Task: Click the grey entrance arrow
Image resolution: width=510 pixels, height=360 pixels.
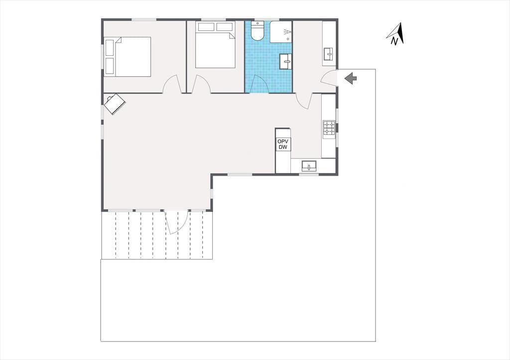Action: pyautogui.click(x=351, y=78)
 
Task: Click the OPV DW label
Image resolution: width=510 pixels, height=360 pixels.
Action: pyautogui.click(x=283, y=144)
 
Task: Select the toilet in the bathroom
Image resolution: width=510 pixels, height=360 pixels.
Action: pyautogui.click(x=257, y=31)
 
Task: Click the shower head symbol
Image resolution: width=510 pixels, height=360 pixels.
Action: pyautogui.click(x=287, y=32)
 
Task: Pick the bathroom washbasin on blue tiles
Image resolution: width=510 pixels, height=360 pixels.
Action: pyautogui.click(x=286, y=61)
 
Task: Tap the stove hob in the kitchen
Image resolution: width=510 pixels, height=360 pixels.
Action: pyautogui.click(x=329, y=127)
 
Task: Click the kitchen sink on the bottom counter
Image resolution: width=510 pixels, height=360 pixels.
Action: pyautogui.click(x=309, y=166)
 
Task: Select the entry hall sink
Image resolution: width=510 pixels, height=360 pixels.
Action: pyautogui.click(x=328, y=54)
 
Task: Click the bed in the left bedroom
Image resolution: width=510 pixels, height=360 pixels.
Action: pyautogui.click(x=127, y=57)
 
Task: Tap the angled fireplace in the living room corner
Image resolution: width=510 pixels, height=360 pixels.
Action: pyautogui.click(x=115, y=104)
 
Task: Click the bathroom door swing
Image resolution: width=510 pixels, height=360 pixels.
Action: pyautogui.click(x=259, y=84)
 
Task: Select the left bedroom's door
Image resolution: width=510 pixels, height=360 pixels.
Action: pyautogui.click(x=172, y=84)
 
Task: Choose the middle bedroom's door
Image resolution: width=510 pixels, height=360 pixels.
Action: pyautogui.click(x=201, y=84)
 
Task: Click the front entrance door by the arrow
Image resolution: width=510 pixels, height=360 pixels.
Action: pyautogui.click(x=328, y=78)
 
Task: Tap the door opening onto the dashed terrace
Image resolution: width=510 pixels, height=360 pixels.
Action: pyautogui.click(x=176, y=222)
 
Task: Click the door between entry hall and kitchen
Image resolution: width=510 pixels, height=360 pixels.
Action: pyautogui.click(x=304, y=101)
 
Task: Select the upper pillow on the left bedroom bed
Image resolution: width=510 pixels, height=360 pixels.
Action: pyautogui.click(x=110, y=47)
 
